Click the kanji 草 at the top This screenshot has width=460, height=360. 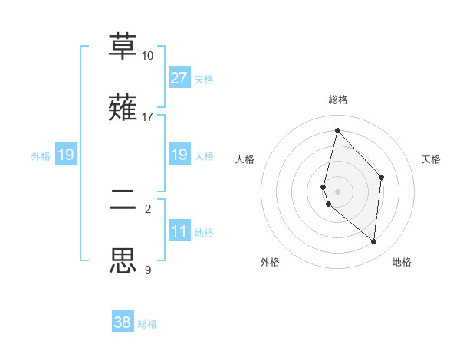click(x=123, y=46)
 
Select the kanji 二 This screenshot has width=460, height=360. click(x=123, y=199)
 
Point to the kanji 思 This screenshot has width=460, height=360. click(x=123, y=260)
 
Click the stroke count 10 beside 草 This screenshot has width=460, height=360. click(x=147, y=56)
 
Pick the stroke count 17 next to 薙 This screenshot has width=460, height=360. click(x=147, y=117)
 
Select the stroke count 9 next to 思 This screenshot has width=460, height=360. click(x=147, y=270)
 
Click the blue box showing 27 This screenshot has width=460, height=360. click(x=179, y=78)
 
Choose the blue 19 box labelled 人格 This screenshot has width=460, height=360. click(x=179, y=155)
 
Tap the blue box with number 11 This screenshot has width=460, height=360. click(x=179, y=231)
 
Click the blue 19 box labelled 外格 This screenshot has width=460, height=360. click(x=66, y=155)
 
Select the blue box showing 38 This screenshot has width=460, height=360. click(x=123, y=322)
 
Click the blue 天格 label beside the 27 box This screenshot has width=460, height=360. click(x=203, y=80)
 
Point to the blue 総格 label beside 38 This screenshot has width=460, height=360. click(x=147, y=324)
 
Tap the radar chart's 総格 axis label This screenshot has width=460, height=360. click(x=338, y=100)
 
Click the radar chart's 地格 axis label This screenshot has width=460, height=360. click(x=402, y=262)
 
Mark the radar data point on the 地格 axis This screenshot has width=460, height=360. click(x=373, y=241)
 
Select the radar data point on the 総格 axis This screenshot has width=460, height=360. click(x=337, y=130)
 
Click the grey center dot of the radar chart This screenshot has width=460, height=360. click(x=337, y=191)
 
